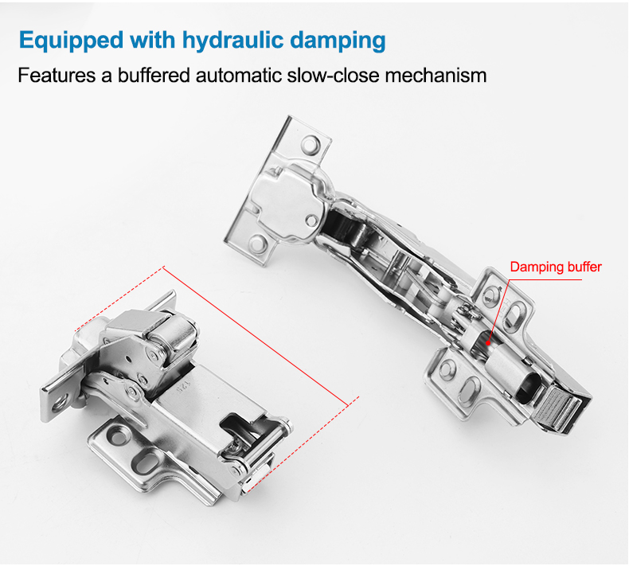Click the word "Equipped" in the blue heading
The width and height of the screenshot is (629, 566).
71,41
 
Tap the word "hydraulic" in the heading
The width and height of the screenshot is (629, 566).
232,40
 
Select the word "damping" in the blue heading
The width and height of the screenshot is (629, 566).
338,41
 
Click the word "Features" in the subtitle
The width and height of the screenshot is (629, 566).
57,75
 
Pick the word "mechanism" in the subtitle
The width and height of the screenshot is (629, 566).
436,75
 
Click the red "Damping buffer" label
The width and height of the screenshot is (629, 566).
556,267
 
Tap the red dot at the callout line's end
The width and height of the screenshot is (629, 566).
488,343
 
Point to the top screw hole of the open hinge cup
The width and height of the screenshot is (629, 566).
311,144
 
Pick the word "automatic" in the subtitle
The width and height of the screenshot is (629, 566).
238,75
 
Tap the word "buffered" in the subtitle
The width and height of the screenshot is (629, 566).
153,75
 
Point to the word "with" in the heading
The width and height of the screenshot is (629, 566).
152,40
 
